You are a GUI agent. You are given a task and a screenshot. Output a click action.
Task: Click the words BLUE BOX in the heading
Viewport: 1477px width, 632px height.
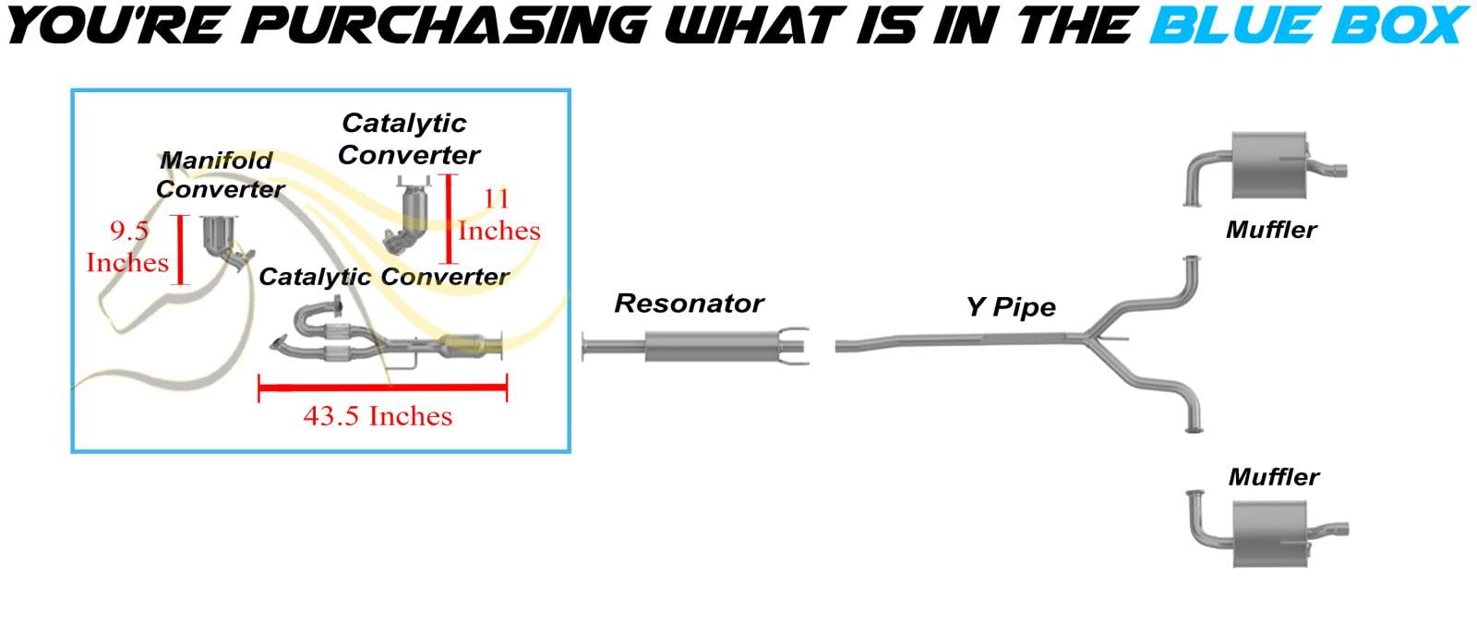point(1309,25)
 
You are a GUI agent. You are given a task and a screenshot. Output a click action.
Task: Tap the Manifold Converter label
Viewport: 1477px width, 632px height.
point(220,174)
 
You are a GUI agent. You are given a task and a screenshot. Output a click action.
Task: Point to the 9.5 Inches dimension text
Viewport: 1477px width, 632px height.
point(127,246)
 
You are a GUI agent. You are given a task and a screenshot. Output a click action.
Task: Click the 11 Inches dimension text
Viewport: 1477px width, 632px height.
point(498,214)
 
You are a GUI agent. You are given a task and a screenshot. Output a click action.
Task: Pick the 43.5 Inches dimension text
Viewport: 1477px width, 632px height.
point(378,416)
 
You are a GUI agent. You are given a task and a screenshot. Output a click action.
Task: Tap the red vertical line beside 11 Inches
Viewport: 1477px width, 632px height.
point(450,219)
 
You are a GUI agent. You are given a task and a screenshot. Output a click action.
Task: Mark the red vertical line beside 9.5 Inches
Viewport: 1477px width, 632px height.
point(181,249)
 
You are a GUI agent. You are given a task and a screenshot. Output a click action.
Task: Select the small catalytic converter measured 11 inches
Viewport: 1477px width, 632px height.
point(409,218)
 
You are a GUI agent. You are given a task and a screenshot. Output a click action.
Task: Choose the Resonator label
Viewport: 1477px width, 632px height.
point(689,304)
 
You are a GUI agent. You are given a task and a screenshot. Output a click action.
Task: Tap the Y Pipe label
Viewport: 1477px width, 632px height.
point(1010,306)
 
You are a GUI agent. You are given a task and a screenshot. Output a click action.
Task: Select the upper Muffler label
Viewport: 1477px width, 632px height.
point(1270,230)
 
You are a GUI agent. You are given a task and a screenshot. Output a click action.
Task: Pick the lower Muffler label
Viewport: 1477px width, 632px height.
point(1273,477)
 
